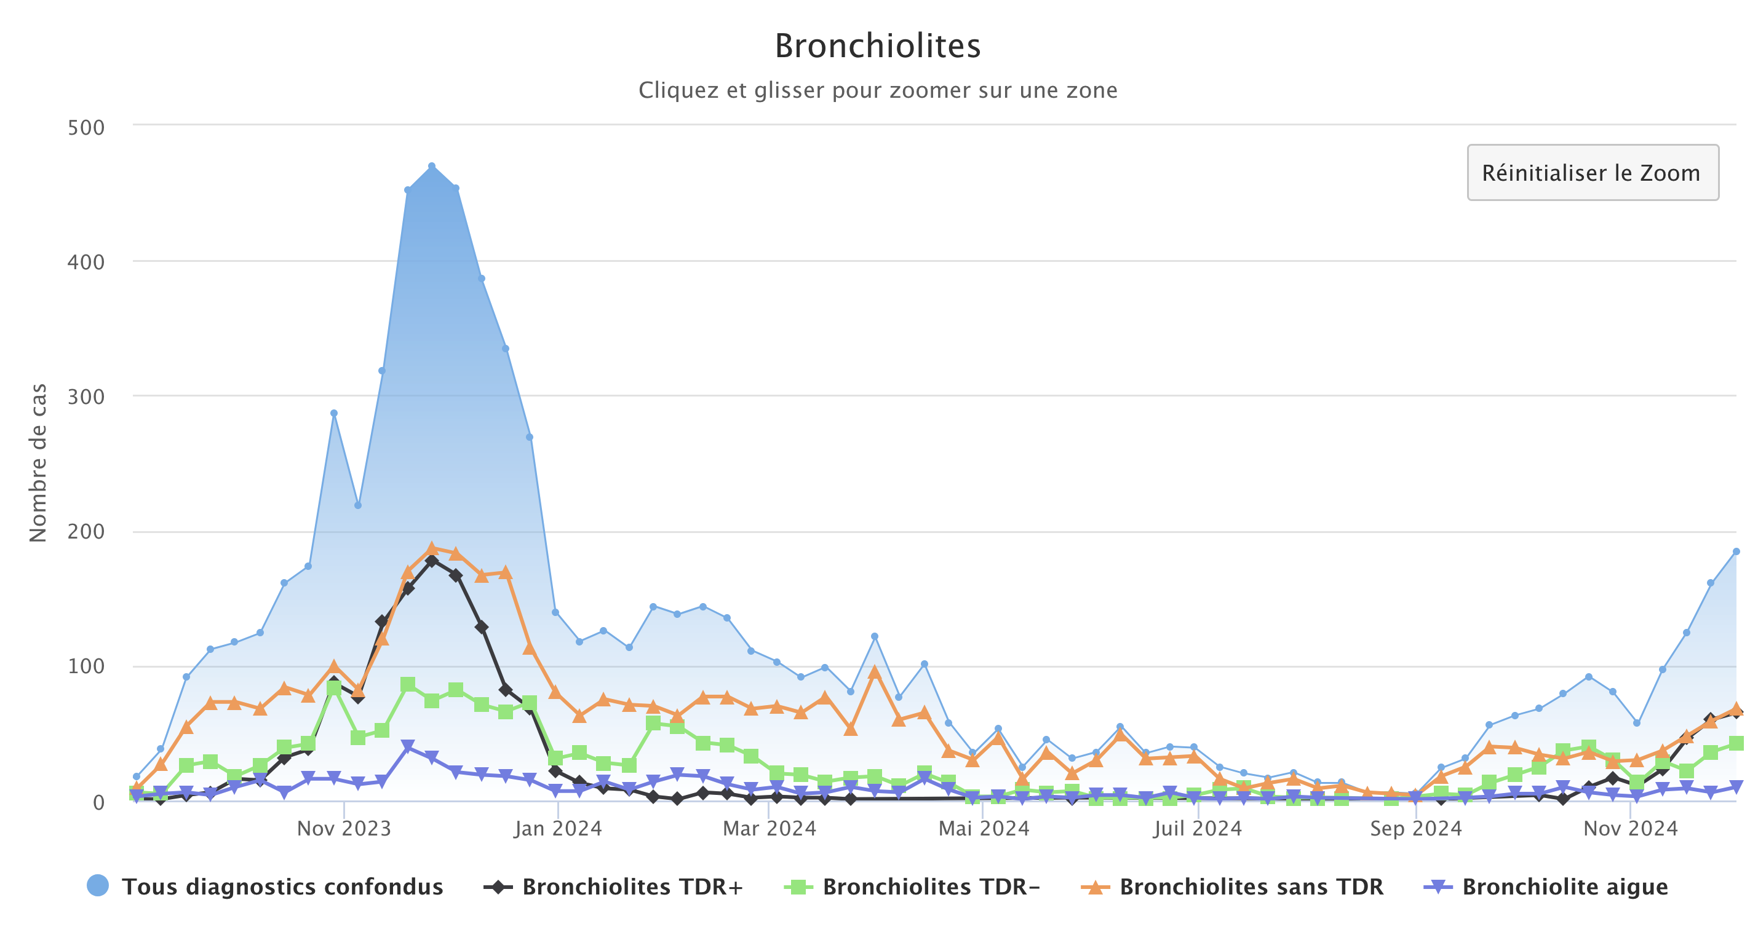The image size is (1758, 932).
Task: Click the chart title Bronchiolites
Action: pyautogui.click(x=878, y=46)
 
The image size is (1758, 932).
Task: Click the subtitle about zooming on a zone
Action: pyautogui.click(x=878, y=90)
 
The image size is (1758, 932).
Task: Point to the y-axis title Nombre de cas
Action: pyautogui.click(x=38, y=462)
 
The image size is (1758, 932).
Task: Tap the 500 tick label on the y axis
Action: pyautogui.click(x=86, y=128)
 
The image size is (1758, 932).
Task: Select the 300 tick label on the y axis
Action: pyautogui.click(x=86, y=397)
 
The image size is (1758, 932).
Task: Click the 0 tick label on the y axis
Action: pyautogui.click(x=98, y=802)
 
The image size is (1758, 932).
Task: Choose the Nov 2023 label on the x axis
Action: pyautogui.click(x=344, y=828)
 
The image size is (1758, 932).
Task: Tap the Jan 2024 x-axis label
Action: pyautogui.click(x=559, y=828)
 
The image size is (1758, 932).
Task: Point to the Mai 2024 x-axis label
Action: pyautogui.click(x=984, y=828)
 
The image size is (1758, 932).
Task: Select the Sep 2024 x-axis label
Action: pyautogui.click(x=1416, y=828)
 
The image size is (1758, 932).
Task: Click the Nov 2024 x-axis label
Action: pyautogui.click(x=1631, y=828)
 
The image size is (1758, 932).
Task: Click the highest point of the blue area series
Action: pyautogui.click(x=431, y=166)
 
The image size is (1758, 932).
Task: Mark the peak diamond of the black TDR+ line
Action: pyautogui.click(x=431, y=561)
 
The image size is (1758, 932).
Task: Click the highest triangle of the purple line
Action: pyautogui.click(x=407, y=746)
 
